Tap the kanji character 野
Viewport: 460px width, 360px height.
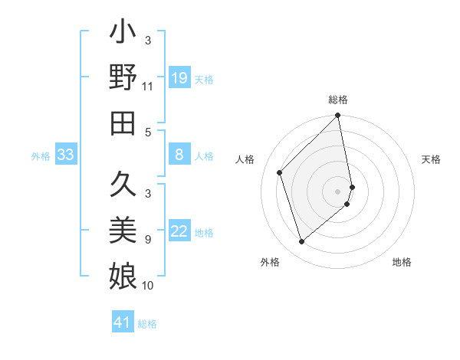(x=123, y=78)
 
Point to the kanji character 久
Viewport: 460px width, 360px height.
(x=123, y=187)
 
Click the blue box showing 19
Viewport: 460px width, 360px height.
(x=179, y=78)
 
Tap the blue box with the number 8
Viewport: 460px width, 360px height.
(x=179, y=155)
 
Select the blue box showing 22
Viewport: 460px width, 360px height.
(x=179, y=231)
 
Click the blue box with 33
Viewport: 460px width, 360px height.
(x=65, y=155)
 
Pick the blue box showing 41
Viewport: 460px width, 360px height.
(x=123, y=322)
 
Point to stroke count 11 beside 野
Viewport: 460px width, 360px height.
(x=148, y=87)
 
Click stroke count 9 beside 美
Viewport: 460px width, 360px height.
(x=148, y=240)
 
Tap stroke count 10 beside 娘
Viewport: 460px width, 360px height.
(x=148, y=286)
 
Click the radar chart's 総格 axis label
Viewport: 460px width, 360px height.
(x=338, y=100)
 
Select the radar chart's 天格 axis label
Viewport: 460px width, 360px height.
(x=432, y=159)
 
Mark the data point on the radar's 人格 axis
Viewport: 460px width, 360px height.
(x=280, y=172)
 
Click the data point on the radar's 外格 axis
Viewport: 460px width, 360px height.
(x=302, y=242)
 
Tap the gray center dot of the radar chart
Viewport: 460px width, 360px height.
(x=338, y=191)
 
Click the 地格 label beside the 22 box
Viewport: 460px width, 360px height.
(x=205, y=232)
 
